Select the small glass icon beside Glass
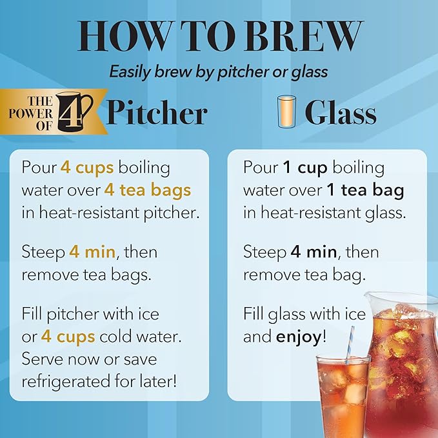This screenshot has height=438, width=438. click(x=286, y=112)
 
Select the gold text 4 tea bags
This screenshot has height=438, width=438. click(x=145, y=190)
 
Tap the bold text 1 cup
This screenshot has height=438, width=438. click(x=305, y=168)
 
